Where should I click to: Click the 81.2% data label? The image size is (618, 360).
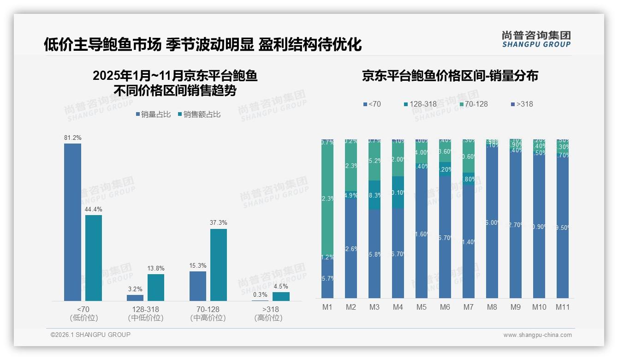pos(72,138)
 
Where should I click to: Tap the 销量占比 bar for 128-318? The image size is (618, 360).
pos(135,298)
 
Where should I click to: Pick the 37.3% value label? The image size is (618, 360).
pos(219,222)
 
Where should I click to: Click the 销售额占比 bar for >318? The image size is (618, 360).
pos(281,296)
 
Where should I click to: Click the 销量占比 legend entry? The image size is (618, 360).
pos(154,114)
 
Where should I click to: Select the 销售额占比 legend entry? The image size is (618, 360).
pos(199,114)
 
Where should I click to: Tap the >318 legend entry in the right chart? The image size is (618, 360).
pos(522,104)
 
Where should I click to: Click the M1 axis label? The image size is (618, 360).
pos(327,307)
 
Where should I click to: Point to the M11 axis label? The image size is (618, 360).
pos(562,307)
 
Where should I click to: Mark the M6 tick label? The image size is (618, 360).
pos(445,307)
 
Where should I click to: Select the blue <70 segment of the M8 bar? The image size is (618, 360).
pos(492,222)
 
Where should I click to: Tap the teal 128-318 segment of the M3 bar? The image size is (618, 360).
pos(374,195)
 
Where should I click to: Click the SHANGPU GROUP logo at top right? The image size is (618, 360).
pos(536,39)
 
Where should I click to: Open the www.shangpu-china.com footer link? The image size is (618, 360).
pos(537,335)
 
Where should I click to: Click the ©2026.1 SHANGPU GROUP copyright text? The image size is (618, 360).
pos(90,335)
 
